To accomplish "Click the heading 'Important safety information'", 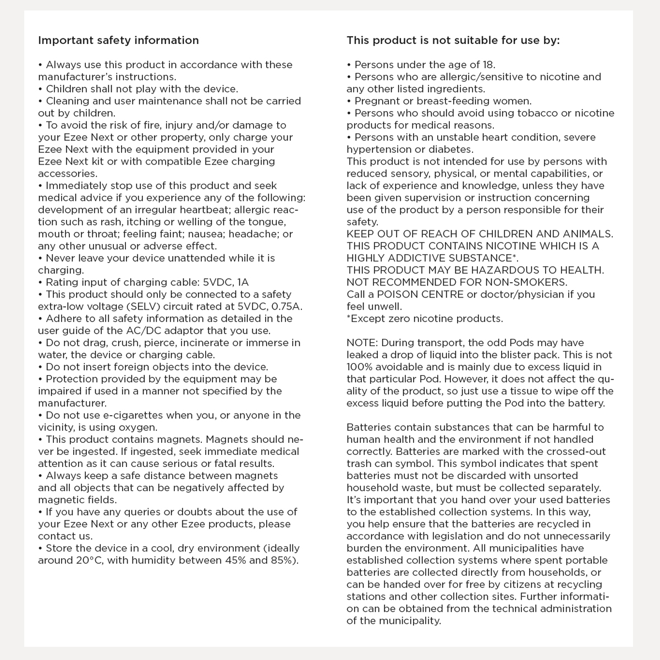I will click(x=118, y=41).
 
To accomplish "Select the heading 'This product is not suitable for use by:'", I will click(x=453, y=41).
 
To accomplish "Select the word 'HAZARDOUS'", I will click(x=508, y=271).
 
